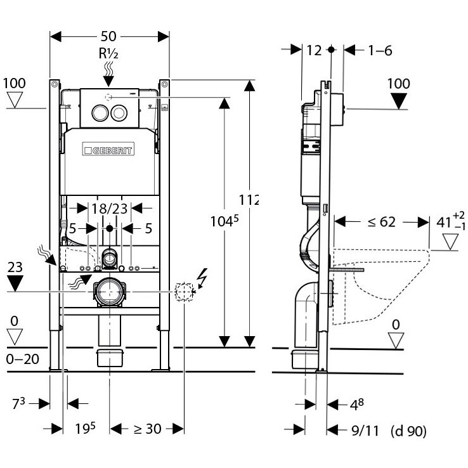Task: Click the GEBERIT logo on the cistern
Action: point(108,149)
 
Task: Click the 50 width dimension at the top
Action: point(108,36)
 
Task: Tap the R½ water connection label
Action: point(108,53)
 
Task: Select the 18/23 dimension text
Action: point(109,209)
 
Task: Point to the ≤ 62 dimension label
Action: point(382,222)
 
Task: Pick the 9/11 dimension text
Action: point(365,431)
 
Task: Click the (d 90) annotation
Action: point(408,431)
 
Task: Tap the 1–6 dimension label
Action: point(380,51)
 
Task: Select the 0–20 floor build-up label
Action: point(23,359)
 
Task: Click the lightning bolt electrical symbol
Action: point(202,278)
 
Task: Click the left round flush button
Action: point(100,113)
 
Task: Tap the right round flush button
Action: point(119,113)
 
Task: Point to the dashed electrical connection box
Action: point(184,291)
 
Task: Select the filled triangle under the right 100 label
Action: point(399,101)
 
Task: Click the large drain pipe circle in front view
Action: point(110,291)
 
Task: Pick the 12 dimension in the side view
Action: point(314,51)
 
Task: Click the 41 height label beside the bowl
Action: point(443,223)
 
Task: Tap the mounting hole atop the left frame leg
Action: point(55,84)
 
